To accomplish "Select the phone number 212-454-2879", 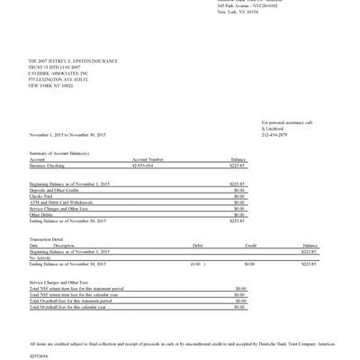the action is pyautogui.click(x=275, y=135).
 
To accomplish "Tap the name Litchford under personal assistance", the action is pyautogui.click(x=272, y=129).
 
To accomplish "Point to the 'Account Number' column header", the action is pyautogui.click(x=148, y=160).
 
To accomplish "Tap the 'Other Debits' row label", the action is pyautogui.click(x=41, y=214).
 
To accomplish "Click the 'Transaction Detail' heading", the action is pyautogui.click(x=48, y=238).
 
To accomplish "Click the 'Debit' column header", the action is pyautogui.click(x=198, y=245).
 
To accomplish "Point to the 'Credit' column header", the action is pyautogui.click(x=251, y=245).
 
